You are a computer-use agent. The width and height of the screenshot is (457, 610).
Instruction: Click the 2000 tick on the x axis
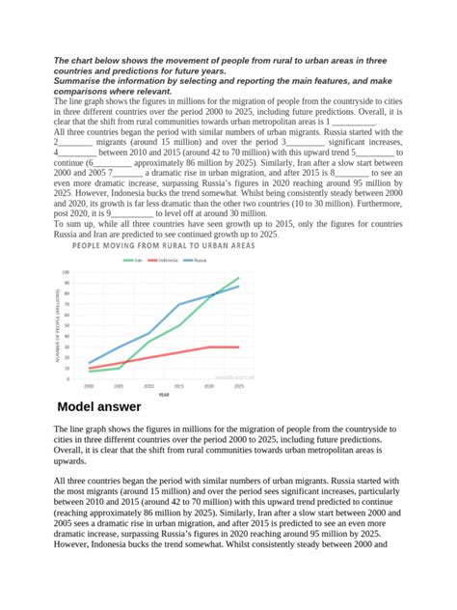click(x=89, y=385)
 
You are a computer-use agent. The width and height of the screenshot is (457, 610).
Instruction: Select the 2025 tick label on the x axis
click(x=238, y=385)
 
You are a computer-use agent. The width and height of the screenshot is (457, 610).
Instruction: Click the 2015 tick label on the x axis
click(x=179, y=385)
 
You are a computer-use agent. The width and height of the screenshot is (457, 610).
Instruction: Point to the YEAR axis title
click(x=164, y=394)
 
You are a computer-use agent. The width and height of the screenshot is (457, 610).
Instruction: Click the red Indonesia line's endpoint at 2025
click(x=239, y=347)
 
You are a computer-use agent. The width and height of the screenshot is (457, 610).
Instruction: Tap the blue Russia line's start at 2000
click(x=89, y=363)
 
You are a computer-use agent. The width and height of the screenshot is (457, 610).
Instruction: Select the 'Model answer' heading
click(x=99, y=406)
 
